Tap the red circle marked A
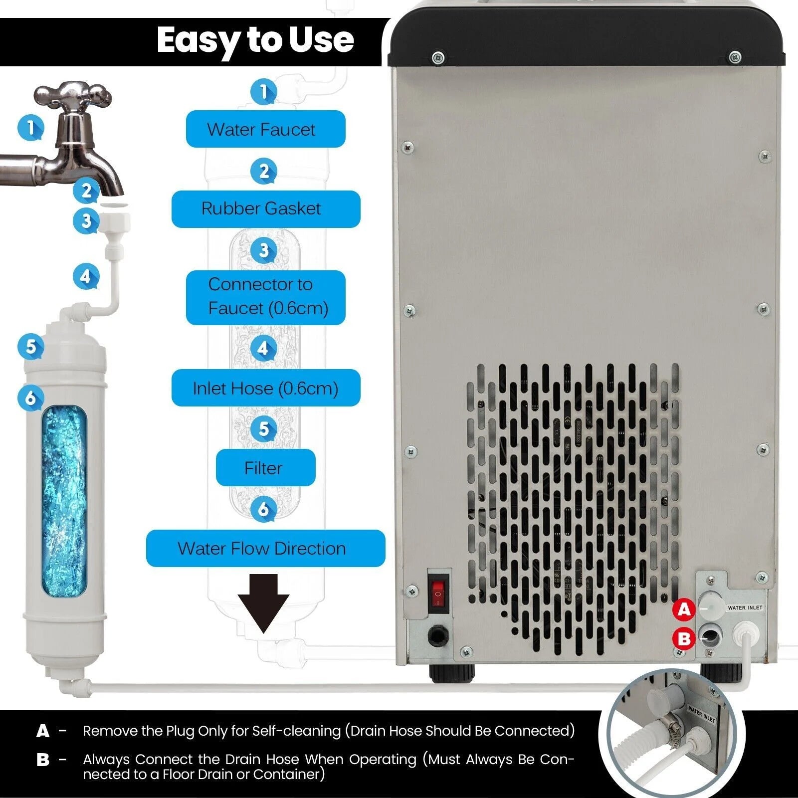click(684, 609)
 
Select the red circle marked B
click(684, 639)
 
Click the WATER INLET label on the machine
click(745, 607)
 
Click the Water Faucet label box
click(265, 130)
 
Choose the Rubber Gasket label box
click(265, 208)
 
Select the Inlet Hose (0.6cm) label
click(265, 388)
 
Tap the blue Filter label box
click(265, 468)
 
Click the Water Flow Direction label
click(265, 548)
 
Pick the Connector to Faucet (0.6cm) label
click(265, 297)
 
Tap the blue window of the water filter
click(64, 501)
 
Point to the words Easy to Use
click(255, 40)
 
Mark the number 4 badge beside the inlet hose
click(86, 276)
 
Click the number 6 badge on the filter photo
click(31, 398)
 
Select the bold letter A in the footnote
click(43, 731)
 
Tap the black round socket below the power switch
click(438, 635)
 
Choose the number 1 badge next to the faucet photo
click(31, 128)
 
